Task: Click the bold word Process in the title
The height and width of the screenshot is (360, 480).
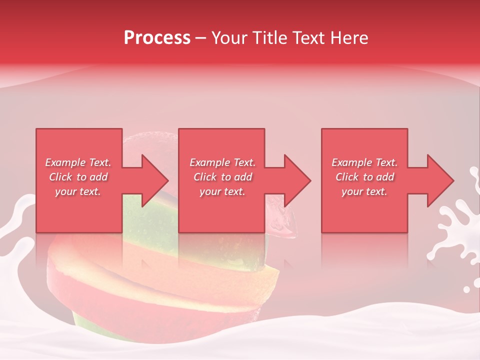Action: pyautogui.click(x=157, y=38)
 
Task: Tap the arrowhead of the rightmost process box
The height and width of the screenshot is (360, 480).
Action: pyautogui.click(x=439, y=180)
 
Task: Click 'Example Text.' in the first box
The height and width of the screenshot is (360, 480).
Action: pyautogui.click(x=78, y=162)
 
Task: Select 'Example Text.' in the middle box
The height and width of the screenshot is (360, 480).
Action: pyautogui.click(x=222, y=162)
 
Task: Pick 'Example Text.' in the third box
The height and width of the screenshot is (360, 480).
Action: pyautogui.click(x=364, y=162)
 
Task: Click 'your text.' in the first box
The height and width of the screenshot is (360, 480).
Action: pyautogui.click(x=78, y=191)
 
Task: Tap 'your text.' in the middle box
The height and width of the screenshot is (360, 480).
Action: pyautogui.click(x=222, y=191)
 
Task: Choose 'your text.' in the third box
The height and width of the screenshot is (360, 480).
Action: pyautogui.click(x=364, y=191)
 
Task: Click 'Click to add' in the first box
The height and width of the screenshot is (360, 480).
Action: pyautogui.click(x=78, y=177)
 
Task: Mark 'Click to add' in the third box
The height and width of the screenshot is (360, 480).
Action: pyautogui.click(x=364, y=177)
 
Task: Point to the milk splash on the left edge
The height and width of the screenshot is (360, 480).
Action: pyautogui.click(x=15, y=225)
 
